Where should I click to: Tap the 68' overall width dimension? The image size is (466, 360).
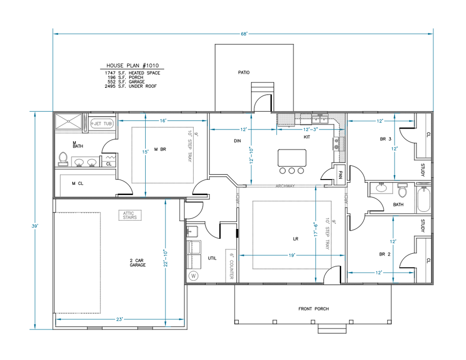243,33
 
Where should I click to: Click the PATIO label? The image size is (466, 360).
244,72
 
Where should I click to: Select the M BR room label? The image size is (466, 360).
160,149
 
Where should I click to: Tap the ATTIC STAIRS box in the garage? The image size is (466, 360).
130,215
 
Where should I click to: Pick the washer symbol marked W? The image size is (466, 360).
194,276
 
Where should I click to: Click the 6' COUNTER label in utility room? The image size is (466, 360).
231,265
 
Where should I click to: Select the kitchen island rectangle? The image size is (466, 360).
292,158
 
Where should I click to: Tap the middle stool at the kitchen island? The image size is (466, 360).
292,170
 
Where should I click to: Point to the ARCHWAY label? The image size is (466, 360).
285,186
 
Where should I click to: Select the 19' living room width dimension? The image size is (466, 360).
292,254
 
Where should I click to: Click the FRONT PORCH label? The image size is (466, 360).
313,309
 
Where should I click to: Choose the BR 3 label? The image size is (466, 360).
386,139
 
